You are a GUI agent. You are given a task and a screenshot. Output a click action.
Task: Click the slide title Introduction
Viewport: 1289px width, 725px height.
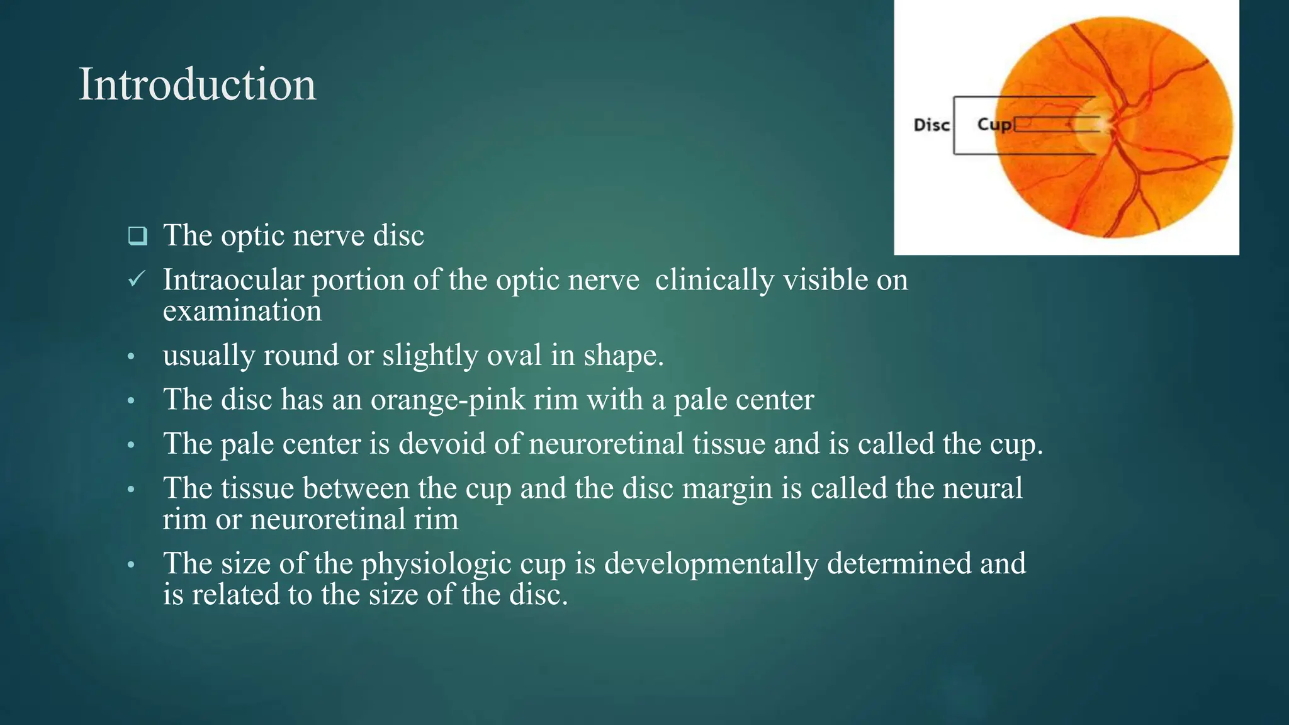tap(197, 84)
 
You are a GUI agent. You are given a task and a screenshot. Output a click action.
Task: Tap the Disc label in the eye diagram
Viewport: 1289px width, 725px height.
tap(932, 125)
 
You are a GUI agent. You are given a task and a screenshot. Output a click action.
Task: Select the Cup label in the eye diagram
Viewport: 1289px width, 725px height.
tap(994, 125)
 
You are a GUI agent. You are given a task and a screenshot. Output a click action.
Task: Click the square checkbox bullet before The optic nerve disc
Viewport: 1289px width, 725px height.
tap(137, 237)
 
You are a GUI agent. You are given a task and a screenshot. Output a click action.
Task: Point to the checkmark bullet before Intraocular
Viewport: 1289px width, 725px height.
tap(137, 279)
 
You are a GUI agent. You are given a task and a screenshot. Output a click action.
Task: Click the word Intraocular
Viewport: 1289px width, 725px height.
tap(233, 279)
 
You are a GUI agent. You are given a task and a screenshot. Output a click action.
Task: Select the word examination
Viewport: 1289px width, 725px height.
tap(242, 311)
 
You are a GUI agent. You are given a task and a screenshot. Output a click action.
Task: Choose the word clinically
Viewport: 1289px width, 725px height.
tap(714, 279)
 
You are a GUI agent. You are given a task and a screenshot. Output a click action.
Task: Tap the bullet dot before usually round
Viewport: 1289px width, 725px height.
tap(131, 357)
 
